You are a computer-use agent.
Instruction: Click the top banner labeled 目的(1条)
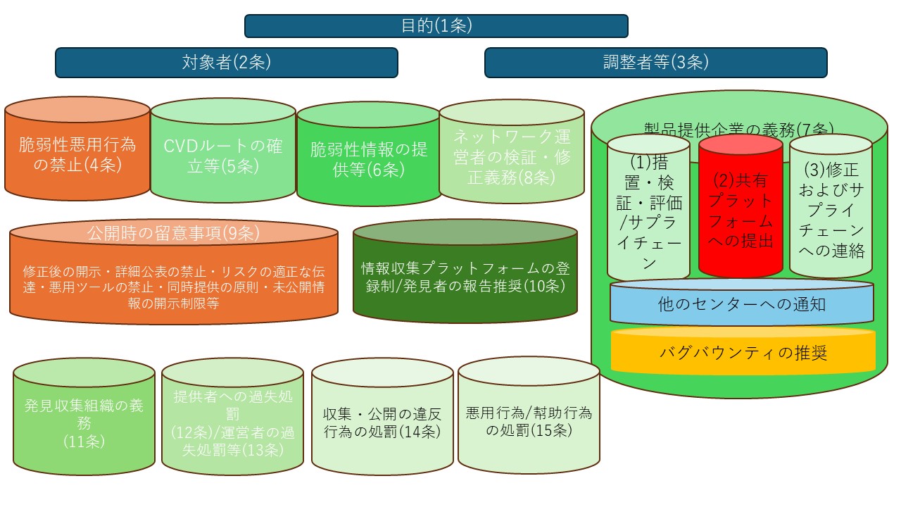click(x=436, y=26)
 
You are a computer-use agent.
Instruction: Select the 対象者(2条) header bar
click(x=226, y=63)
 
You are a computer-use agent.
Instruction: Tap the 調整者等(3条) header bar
click(x=655, y=63)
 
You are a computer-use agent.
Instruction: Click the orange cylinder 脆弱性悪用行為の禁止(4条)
click(x=77, y=156)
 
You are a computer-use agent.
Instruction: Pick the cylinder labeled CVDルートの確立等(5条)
click(x=222, y=156)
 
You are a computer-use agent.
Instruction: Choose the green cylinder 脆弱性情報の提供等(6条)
click(x=369, y=159)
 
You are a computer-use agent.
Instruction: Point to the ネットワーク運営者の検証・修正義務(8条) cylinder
click(x=512, y=157)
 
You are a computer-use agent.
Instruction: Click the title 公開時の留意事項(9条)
click(x=173, y=232)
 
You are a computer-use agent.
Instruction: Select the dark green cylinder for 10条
click(x=465, y=277)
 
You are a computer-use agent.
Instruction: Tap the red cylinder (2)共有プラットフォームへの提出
click(x=741, y=211)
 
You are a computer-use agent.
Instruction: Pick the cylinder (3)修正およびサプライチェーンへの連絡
click(x=831, y=211)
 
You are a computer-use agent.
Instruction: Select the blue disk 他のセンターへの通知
click(x=742, y=305)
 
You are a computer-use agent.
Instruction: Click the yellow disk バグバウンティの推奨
click(x=743, y=352)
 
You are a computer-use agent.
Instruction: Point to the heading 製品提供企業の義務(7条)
click(x=739, y=129)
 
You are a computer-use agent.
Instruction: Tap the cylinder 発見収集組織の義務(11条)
click(x=84, y=423)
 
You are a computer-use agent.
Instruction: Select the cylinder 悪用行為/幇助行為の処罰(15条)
click(x=529, y=421)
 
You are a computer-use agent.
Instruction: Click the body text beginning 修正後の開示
click(x=173, y=287)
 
